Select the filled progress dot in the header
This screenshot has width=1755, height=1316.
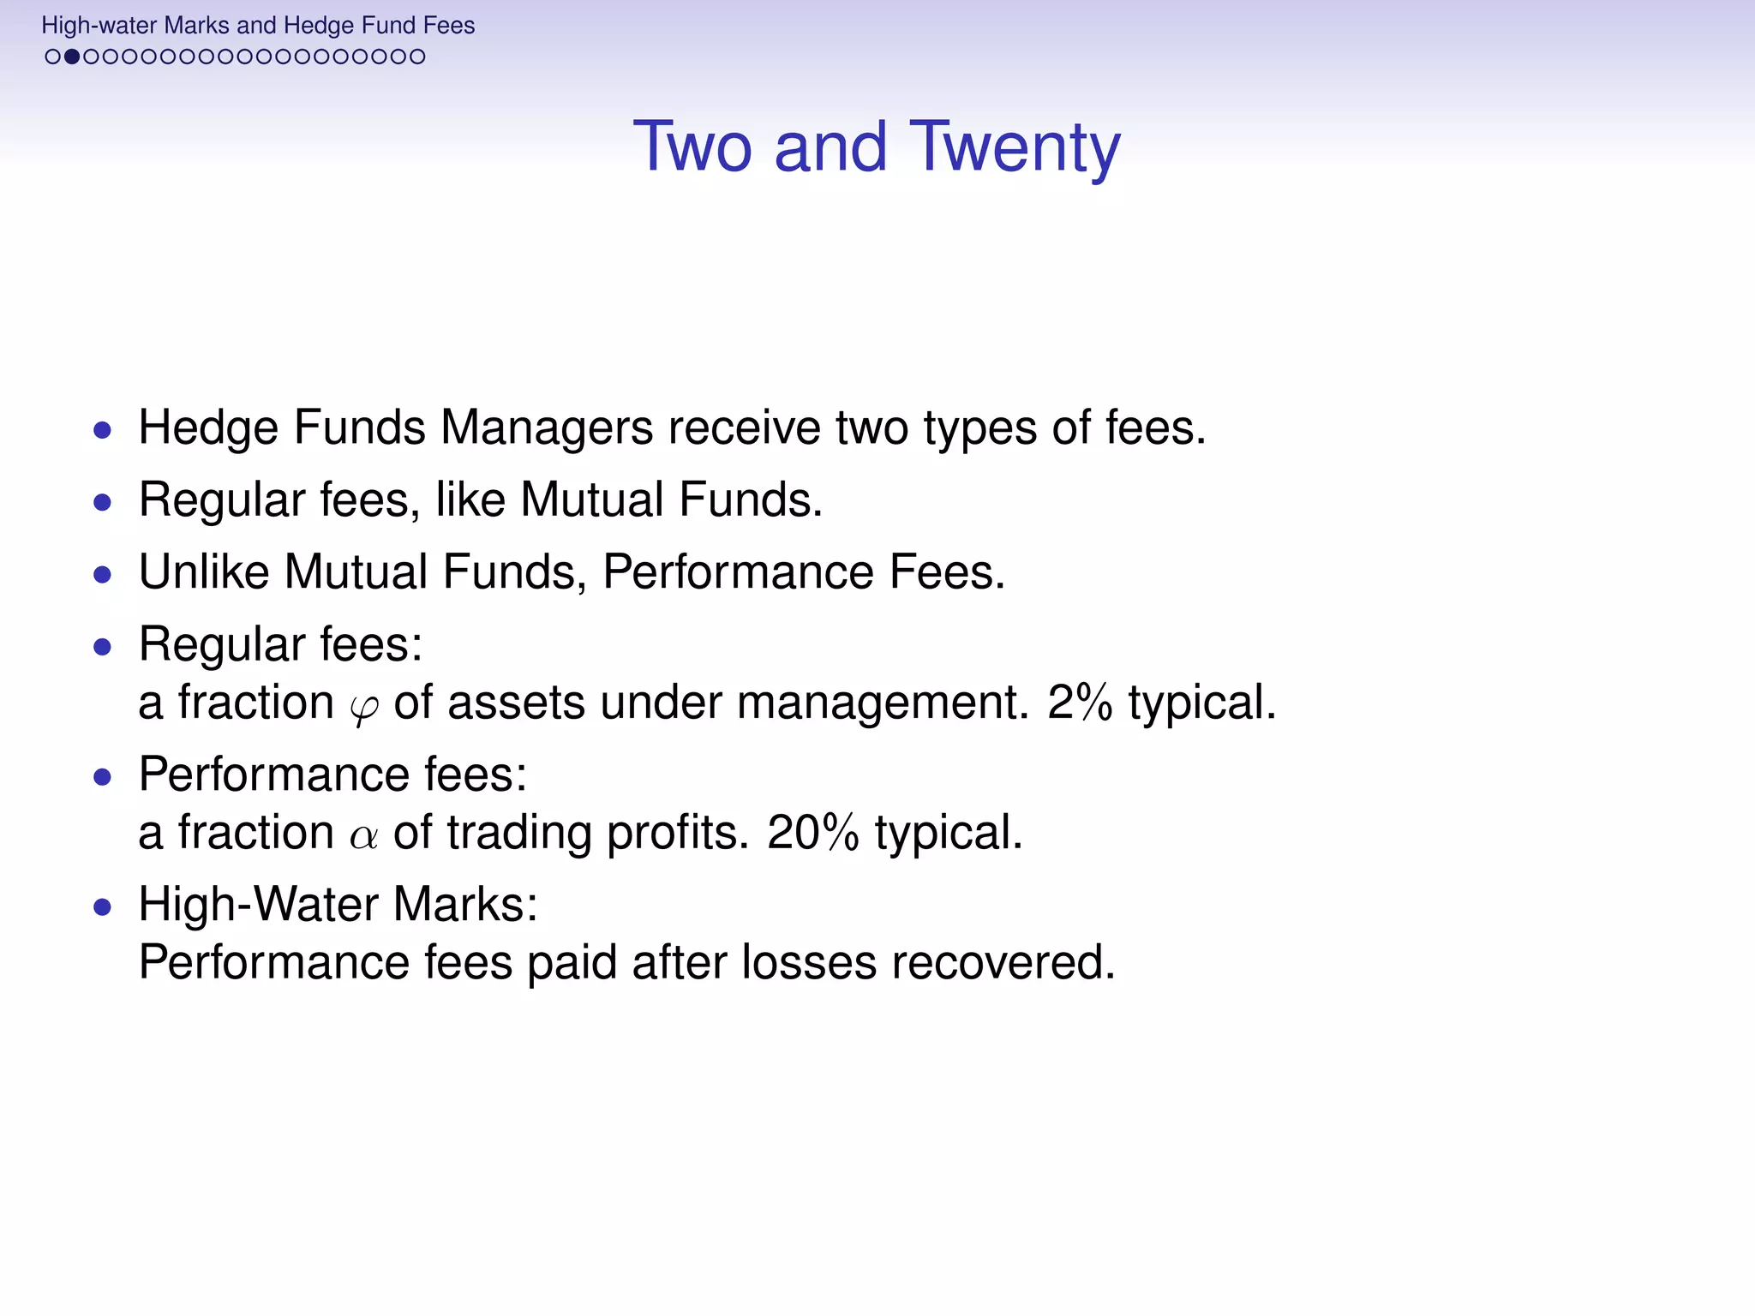click(x=72, y=57)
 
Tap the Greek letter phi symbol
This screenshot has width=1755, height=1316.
click(x=363, y=707)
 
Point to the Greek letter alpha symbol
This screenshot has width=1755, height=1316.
click(x=363, y=835)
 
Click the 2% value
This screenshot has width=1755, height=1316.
click(x=1080, y=703)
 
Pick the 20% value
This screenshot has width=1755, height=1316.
click(x=812, y=833)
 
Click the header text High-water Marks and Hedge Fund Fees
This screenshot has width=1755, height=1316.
click(x=258, y=26)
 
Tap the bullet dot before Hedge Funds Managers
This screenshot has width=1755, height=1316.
click(x=103, y=429)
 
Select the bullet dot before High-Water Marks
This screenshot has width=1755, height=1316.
click(x=103, y=906)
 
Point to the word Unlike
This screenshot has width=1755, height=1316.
click(x=203, y=571)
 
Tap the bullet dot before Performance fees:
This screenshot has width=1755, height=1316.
click(x=103, y=777)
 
